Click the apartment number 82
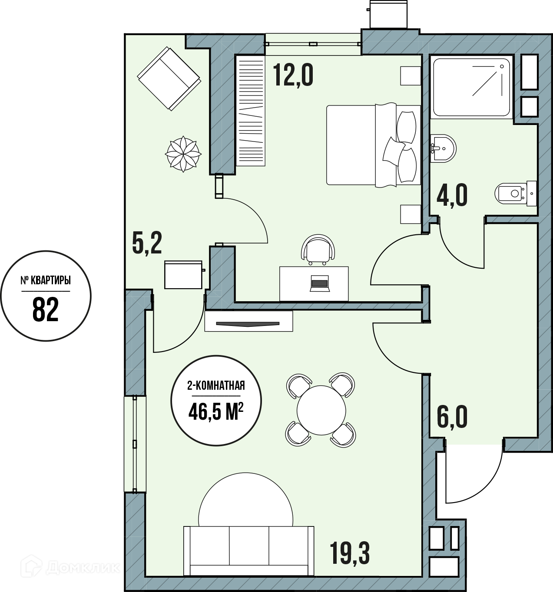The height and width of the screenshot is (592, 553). tap(45, 310)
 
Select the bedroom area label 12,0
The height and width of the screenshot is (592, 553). tap(293, 76)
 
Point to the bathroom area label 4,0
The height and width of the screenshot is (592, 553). tap(452, 196)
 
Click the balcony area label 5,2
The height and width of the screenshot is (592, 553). tap(147, 243)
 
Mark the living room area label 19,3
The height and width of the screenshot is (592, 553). tap(350, 553)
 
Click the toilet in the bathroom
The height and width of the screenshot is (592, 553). tap(515, 193)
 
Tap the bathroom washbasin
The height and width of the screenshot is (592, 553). tap(443, 148)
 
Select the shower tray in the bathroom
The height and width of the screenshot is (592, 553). tap(471, 87)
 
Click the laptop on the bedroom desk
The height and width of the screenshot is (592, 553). tap(320, 283)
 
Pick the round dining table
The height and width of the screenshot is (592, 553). tap(321, 410)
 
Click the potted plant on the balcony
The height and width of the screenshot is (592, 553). tap(183, 154)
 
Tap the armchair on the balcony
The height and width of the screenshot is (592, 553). tap(169, 79)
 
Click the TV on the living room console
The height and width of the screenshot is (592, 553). tap(248, 324)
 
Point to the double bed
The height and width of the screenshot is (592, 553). tap(373, 145)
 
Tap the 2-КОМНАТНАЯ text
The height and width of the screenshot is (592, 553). tap(216, 386)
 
